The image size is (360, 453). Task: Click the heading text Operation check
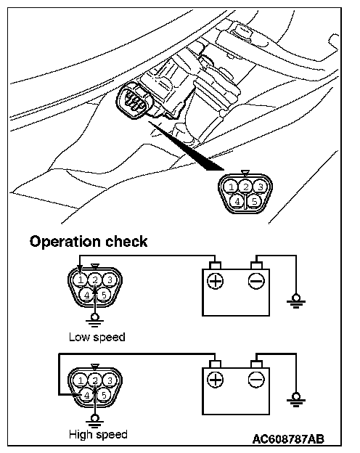pyautogui.click(x=89, y=242)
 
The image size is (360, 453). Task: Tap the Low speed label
pyautogui.click(x=97, y=337)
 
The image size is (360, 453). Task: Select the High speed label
pyautogui.click(x=98, y=435)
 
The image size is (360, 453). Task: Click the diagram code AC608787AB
pyautogui.click(x=288, y=439)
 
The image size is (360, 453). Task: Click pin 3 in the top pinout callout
pyautogui.click(x=261, y=187)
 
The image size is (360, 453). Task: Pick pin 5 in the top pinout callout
pyautogui.click(x=254, y=201)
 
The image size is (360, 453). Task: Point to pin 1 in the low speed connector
pyautogui.click(x=81, y=280)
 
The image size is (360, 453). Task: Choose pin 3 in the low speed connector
pyautogui.click(x=110, y=280)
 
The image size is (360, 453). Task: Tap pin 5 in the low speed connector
pyautogui.click(x=104, y=295)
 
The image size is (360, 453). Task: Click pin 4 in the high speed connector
pyautogui.click(x=86, y=395)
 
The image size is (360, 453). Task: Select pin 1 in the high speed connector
pyautogui.click(x=81, y=380)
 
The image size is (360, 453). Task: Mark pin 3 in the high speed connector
pyautogui.click(x=110, y=380)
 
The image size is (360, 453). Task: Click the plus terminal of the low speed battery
pyautogui.click(x=216, y=281)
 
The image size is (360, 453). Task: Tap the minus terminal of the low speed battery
pyautogui.click(x=256, y=281)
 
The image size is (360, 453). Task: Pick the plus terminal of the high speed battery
pyautogui.click(x=216, y=380)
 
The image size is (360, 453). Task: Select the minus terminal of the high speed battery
pyautogui.click(x=256, y=380)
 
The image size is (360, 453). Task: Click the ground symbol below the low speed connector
pyautogui.click(x=94, y=320)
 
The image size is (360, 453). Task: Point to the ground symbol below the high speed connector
pyautogui.click(x=94, y=420)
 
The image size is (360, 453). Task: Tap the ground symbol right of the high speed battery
pyautogui.click(x=296, y=400)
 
